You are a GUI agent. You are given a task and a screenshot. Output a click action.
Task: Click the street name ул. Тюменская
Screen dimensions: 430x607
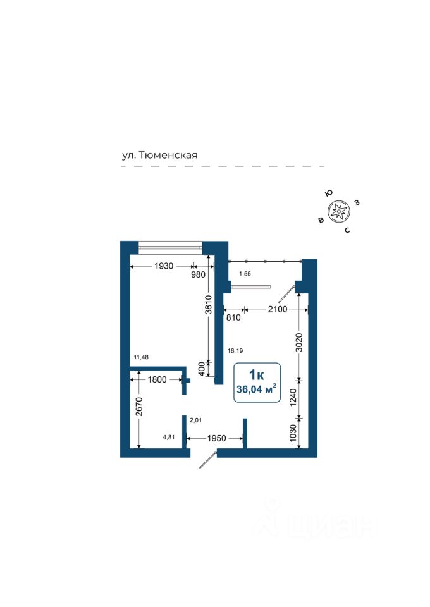coord(161,155)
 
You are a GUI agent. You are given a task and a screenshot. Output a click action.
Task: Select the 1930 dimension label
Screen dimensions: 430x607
coord(163,266)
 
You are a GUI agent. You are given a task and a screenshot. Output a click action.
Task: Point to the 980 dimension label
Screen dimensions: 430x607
coord(199,274)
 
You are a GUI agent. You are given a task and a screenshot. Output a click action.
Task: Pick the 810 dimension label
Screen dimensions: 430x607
coord(233,317)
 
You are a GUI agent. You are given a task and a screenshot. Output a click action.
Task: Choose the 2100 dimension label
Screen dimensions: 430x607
coord(278,309)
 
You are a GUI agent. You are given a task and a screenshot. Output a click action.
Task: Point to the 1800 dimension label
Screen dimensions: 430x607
coord(156,380)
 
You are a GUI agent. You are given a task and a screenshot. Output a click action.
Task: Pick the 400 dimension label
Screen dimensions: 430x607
coord(202,369)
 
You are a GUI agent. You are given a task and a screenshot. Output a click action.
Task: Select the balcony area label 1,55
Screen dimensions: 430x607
coord(245,273)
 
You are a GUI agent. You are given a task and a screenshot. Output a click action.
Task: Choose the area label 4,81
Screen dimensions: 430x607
coord(169,436)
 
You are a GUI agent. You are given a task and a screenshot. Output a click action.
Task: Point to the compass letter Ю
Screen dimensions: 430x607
coord(328,193)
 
